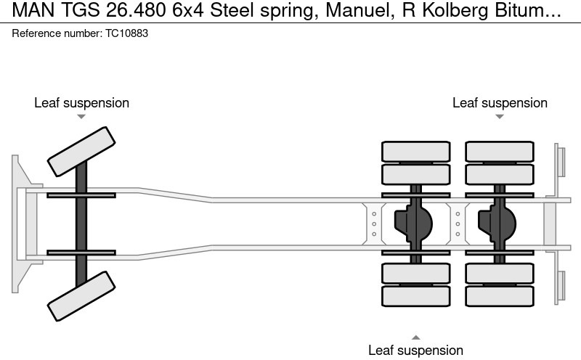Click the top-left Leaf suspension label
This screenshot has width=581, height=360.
(x=81, y=102)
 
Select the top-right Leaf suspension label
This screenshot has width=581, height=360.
(x=500, y=102)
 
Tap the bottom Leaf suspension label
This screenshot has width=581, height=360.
(x=415, y=350)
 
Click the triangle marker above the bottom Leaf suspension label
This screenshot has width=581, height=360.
(x=415, y=337)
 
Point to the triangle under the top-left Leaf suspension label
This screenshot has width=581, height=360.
(x=81, y=116)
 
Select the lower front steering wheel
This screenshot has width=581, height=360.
(x=81, y=296)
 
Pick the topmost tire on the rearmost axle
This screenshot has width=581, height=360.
(x=500, y=151)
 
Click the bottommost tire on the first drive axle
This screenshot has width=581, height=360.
(x=415, y=296)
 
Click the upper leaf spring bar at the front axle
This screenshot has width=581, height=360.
(x=81, y=195)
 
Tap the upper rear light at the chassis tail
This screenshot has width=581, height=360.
(x=560, y=160)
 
